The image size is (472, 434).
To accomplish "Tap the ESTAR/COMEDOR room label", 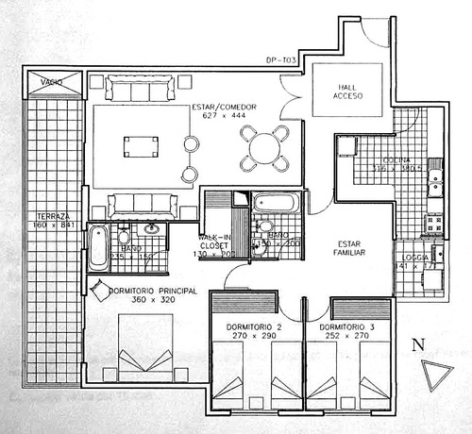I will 225,107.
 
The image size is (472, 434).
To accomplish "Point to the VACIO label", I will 52,83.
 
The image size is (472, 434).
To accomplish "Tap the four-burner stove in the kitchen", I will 433,225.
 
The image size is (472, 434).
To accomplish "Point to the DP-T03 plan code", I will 282,59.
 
